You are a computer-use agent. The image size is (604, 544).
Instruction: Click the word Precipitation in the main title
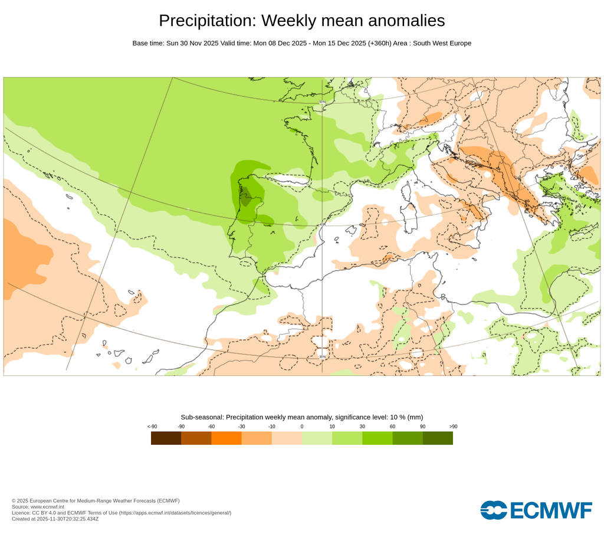coord(207,21)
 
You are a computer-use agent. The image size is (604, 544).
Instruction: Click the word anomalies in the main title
coord(406,21)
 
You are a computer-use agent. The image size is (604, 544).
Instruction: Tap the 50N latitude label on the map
coord(322,102)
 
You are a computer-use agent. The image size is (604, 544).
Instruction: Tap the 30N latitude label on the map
coord(322,356)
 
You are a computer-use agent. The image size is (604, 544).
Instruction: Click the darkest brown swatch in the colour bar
coord(166,438)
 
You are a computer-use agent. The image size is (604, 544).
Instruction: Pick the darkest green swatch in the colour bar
coord(438,438)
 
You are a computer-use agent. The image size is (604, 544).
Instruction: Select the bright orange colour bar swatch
coord(226,438)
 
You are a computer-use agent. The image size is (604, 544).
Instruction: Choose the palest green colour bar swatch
coord(317,438)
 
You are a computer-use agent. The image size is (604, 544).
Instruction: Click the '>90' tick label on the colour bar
coord(453,427)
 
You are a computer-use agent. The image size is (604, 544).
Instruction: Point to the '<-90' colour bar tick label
coord(152,427)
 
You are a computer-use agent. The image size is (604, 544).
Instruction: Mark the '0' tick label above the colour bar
coord(302,427)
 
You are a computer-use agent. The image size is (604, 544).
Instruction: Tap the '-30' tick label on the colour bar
coord(241,427)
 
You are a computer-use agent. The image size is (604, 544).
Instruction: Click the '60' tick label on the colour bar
coord(392,427)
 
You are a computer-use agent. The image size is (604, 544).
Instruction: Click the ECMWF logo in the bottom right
coord(536,510)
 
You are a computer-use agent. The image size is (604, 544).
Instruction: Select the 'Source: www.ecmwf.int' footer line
coord(38,507)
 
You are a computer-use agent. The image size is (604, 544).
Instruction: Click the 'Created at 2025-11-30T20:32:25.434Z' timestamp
coord(55,519)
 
